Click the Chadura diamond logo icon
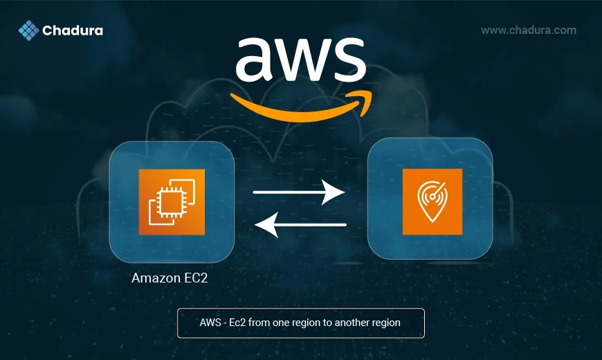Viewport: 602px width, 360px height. coord(28,30)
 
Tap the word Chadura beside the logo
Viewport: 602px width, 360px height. coord(73,30)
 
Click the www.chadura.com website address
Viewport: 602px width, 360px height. coord(529,30)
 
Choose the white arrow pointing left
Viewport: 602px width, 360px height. coord(300,224)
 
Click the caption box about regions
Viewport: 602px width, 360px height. coord(300,323)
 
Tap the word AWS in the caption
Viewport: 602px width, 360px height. coord(210,323)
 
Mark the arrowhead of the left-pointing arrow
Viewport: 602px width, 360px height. coord(265,224)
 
